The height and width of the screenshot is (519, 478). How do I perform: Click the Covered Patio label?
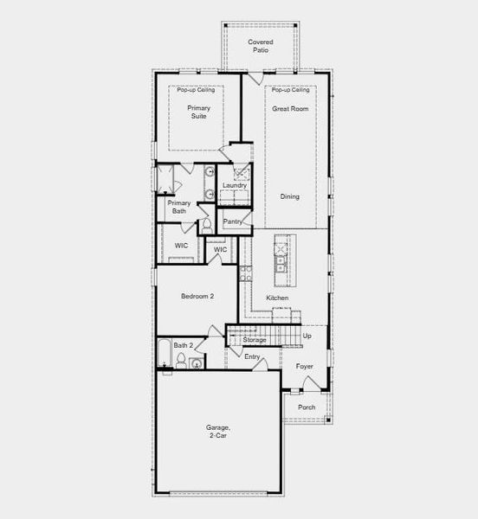click(261, 46)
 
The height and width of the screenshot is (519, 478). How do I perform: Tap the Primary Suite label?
click(197, 112)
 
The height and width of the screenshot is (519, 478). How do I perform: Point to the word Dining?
click(289, 196)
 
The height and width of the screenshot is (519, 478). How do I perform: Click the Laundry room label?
click(235, 185)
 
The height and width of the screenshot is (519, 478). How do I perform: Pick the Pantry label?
click(232, 221)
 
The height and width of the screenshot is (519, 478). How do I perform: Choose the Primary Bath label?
click(179, 207)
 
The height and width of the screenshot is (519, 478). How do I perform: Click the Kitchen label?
click(277, 298)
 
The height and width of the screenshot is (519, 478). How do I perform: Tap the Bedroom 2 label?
click(197, 296)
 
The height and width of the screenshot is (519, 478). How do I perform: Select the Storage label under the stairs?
click(254, 340)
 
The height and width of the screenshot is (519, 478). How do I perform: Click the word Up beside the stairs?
click(307, 336)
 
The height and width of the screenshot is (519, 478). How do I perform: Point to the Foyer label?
click(304, 366)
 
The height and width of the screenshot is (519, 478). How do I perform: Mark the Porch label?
click(307, 407)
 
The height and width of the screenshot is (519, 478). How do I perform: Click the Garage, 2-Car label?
click(218, 432)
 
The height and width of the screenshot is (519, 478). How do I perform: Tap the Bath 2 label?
click(183, 345)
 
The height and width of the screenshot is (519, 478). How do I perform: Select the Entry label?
click(252, 356)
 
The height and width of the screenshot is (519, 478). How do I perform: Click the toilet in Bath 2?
click(183, 362)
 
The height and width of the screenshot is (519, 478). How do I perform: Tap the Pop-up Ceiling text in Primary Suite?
click(195, 90)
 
